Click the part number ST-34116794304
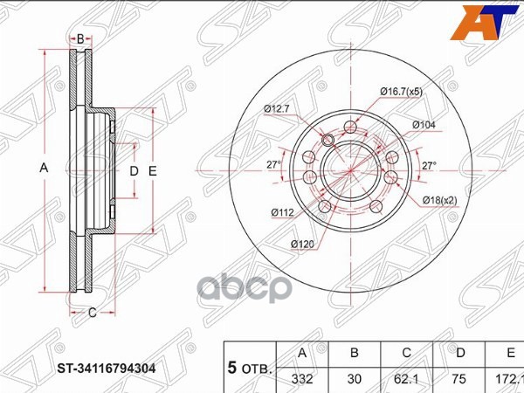pos(107,368)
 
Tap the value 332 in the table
pos(302,379)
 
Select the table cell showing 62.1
pos(405,379)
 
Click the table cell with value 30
pos(355,379)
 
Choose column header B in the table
pos(355,354)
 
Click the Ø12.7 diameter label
pos(278,108)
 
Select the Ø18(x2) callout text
pos(441,201)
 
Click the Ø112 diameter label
pos(280,211)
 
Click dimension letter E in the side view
pos(152,171)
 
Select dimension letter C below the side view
pos(90,310)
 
